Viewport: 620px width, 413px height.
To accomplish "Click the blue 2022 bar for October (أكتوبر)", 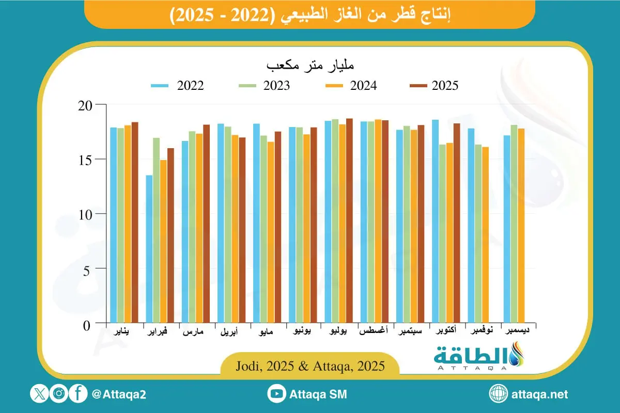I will pos(435,222).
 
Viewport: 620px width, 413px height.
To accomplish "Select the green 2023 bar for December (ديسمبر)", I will pos(514,225).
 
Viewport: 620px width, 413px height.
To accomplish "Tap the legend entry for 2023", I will pos(263,86).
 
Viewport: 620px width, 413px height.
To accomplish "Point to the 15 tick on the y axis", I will pos(91,160).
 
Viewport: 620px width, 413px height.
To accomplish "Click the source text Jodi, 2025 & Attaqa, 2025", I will pos(310,367).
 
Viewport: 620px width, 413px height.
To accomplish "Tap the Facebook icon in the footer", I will pos(79,394).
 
